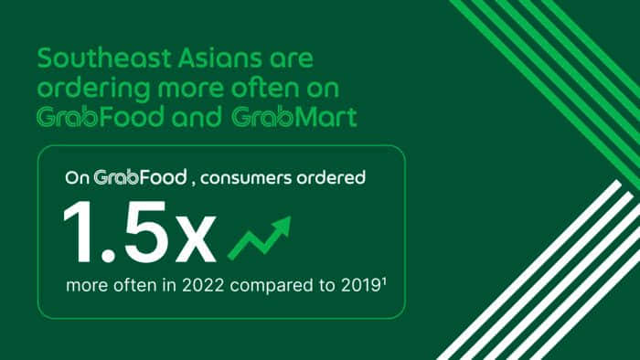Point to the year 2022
point(209,286)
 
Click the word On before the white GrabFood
point(77,177)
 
